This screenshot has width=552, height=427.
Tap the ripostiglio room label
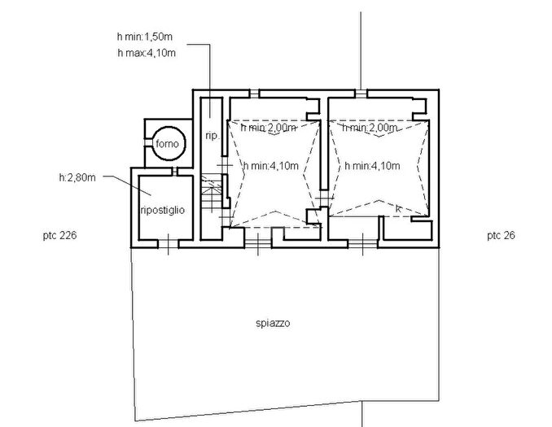[x=163, y=210]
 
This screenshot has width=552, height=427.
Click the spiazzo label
[x=273, y=323]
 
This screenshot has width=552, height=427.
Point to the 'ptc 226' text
[x=59, y=235]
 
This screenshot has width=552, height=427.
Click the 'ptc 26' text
[x=501, y=235]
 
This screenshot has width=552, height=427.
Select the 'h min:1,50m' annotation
[x=145, y=37]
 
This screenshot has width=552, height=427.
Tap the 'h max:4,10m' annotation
[x=147, y=53]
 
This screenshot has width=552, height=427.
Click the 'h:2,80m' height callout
[x=77, y=177]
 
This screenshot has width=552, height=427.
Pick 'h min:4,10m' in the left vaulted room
[x=271, y=165]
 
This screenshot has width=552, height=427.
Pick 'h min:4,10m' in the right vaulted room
[x=372, y=165]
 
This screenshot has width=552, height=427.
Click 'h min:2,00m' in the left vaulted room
[x=268, y=128]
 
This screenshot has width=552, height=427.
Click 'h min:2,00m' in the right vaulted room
[x=370, y=128]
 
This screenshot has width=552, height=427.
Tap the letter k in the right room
[x=398, y=208]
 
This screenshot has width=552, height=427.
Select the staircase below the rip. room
[x=211, y=194]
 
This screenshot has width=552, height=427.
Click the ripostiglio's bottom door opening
[x=168, y=244]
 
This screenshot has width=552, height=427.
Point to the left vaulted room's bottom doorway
[x=258, y=244]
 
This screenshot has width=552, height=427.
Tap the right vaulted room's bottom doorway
[x=362, y=244]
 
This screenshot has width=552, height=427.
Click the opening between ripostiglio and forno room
[x=174, y=172]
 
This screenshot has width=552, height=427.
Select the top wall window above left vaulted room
[x=254, y=94]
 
